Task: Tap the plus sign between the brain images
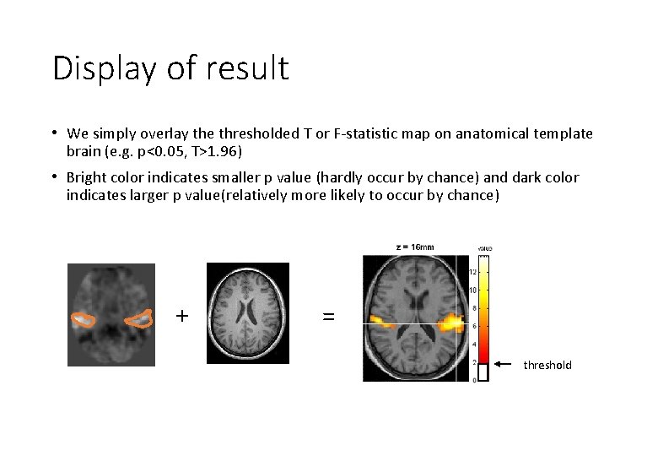181,316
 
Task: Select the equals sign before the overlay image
328,317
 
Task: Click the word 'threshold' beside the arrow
547,365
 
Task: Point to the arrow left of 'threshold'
504,364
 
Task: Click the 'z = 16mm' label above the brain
414,247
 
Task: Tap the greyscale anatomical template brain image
247,312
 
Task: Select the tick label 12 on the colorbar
473,272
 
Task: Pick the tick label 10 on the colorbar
473,290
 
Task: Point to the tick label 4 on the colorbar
474,344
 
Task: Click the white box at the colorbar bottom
483,371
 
